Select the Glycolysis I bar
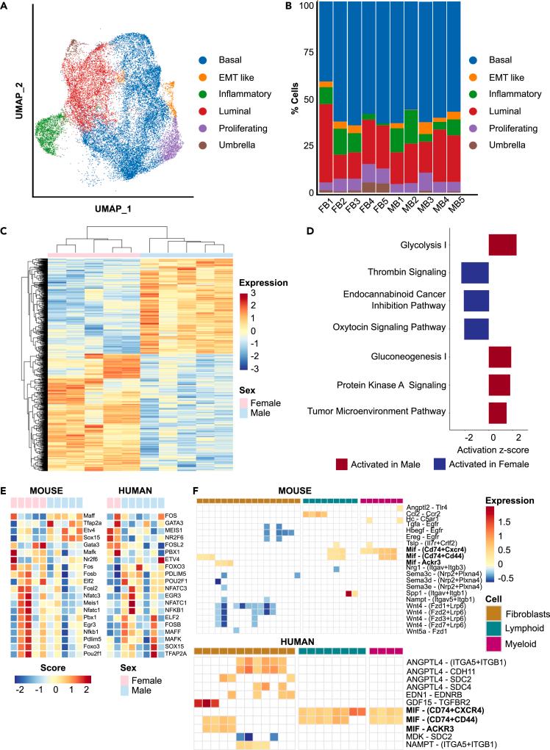pyautogui.click(x=503, y=244)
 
